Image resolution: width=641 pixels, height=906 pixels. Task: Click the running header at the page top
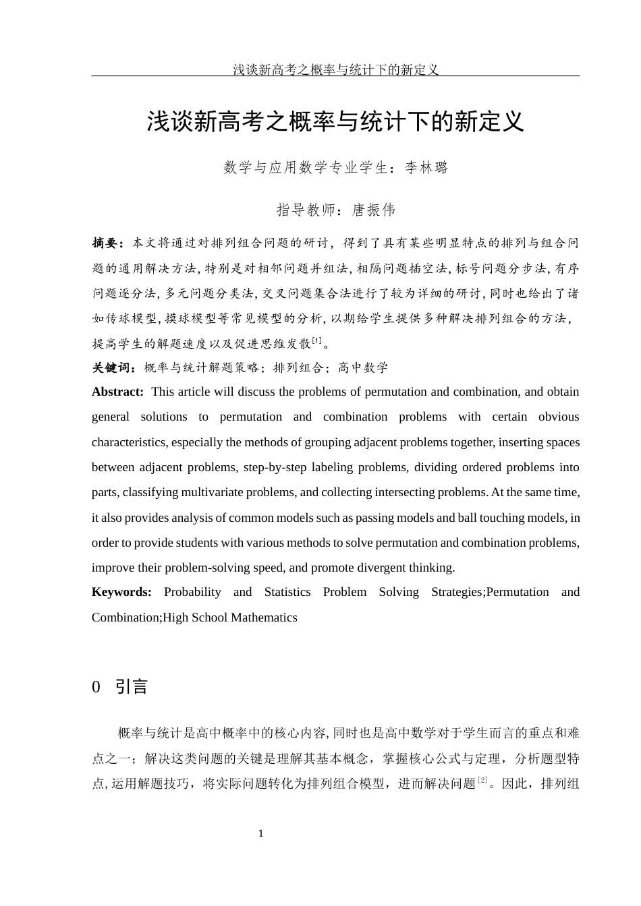coord(335,69)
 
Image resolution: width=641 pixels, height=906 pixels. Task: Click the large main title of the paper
coord(335,121)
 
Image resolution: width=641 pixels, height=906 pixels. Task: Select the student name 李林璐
coord(426,168)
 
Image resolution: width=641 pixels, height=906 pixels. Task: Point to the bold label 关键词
coord(113,368)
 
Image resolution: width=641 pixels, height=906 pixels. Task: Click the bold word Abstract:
coord(117,392)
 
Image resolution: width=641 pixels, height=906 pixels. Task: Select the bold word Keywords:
coord(121,592)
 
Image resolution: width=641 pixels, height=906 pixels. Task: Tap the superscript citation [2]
coord(482,781)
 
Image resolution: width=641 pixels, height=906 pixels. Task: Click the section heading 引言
coord(132,687)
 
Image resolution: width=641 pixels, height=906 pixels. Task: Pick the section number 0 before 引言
coord(96,687)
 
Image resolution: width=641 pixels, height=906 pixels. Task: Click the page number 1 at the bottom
coord(260,834)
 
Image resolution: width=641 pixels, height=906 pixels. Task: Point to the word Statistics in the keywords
coord(287,592)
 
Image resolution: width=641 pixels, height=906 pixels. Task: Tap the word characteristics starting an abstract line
coord(128,442)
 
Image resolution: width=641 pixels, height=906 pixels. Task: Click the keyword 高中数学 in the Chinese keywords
coord(363,368)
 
